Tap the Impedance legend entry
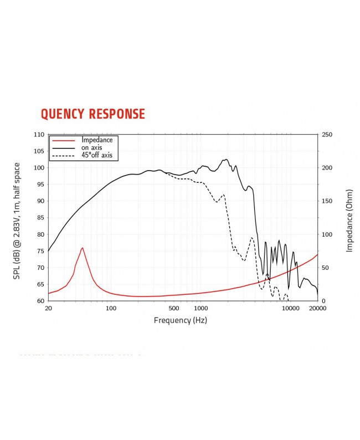[x=97, y=140]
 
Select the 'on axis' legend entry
[x=92, y=148]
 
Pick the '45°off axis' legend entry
[x=97, y=156]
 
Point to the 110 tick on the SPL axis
[x=38, y=135]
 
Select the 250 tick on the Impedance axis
[x=327, y=135]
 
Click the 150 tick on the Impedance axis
[x=327, y=201]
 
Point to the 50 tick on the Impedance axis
[x=326, y=268]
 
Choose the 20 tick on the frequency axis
[x=48, y=309]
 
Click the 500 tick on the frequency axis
[x=173, y=309]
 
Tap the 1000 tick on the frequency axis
[x=200, y=309]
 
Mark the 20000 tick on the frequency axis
[x=317, y=309]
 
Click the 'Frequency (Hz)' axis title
[x=180, y=320]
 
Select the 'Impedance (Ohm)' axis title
[x=349, y=221]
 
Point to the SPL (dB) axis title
[x=17, y=221]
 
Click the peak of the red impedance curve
[x=82, y=248]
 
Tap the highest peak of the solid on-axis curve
[x=225, y=159]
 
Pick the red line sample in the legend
[x=64, y=141]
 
